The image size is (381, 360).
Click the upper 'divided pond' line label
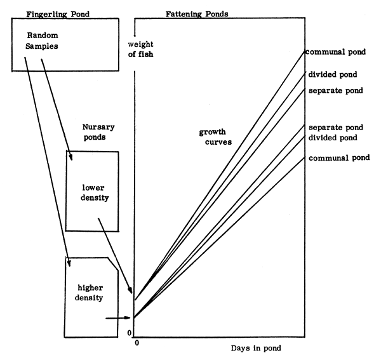(x=335, y=75)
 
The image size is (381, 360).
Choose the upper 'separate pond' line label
(x=336, y=91)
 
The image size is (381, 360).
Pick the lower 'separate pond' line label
(x=336, y=128)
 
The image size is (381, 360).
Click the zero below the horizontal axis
(x=137, y=344)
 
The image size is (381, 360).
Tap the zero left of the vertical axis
(x=129, y=333)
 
